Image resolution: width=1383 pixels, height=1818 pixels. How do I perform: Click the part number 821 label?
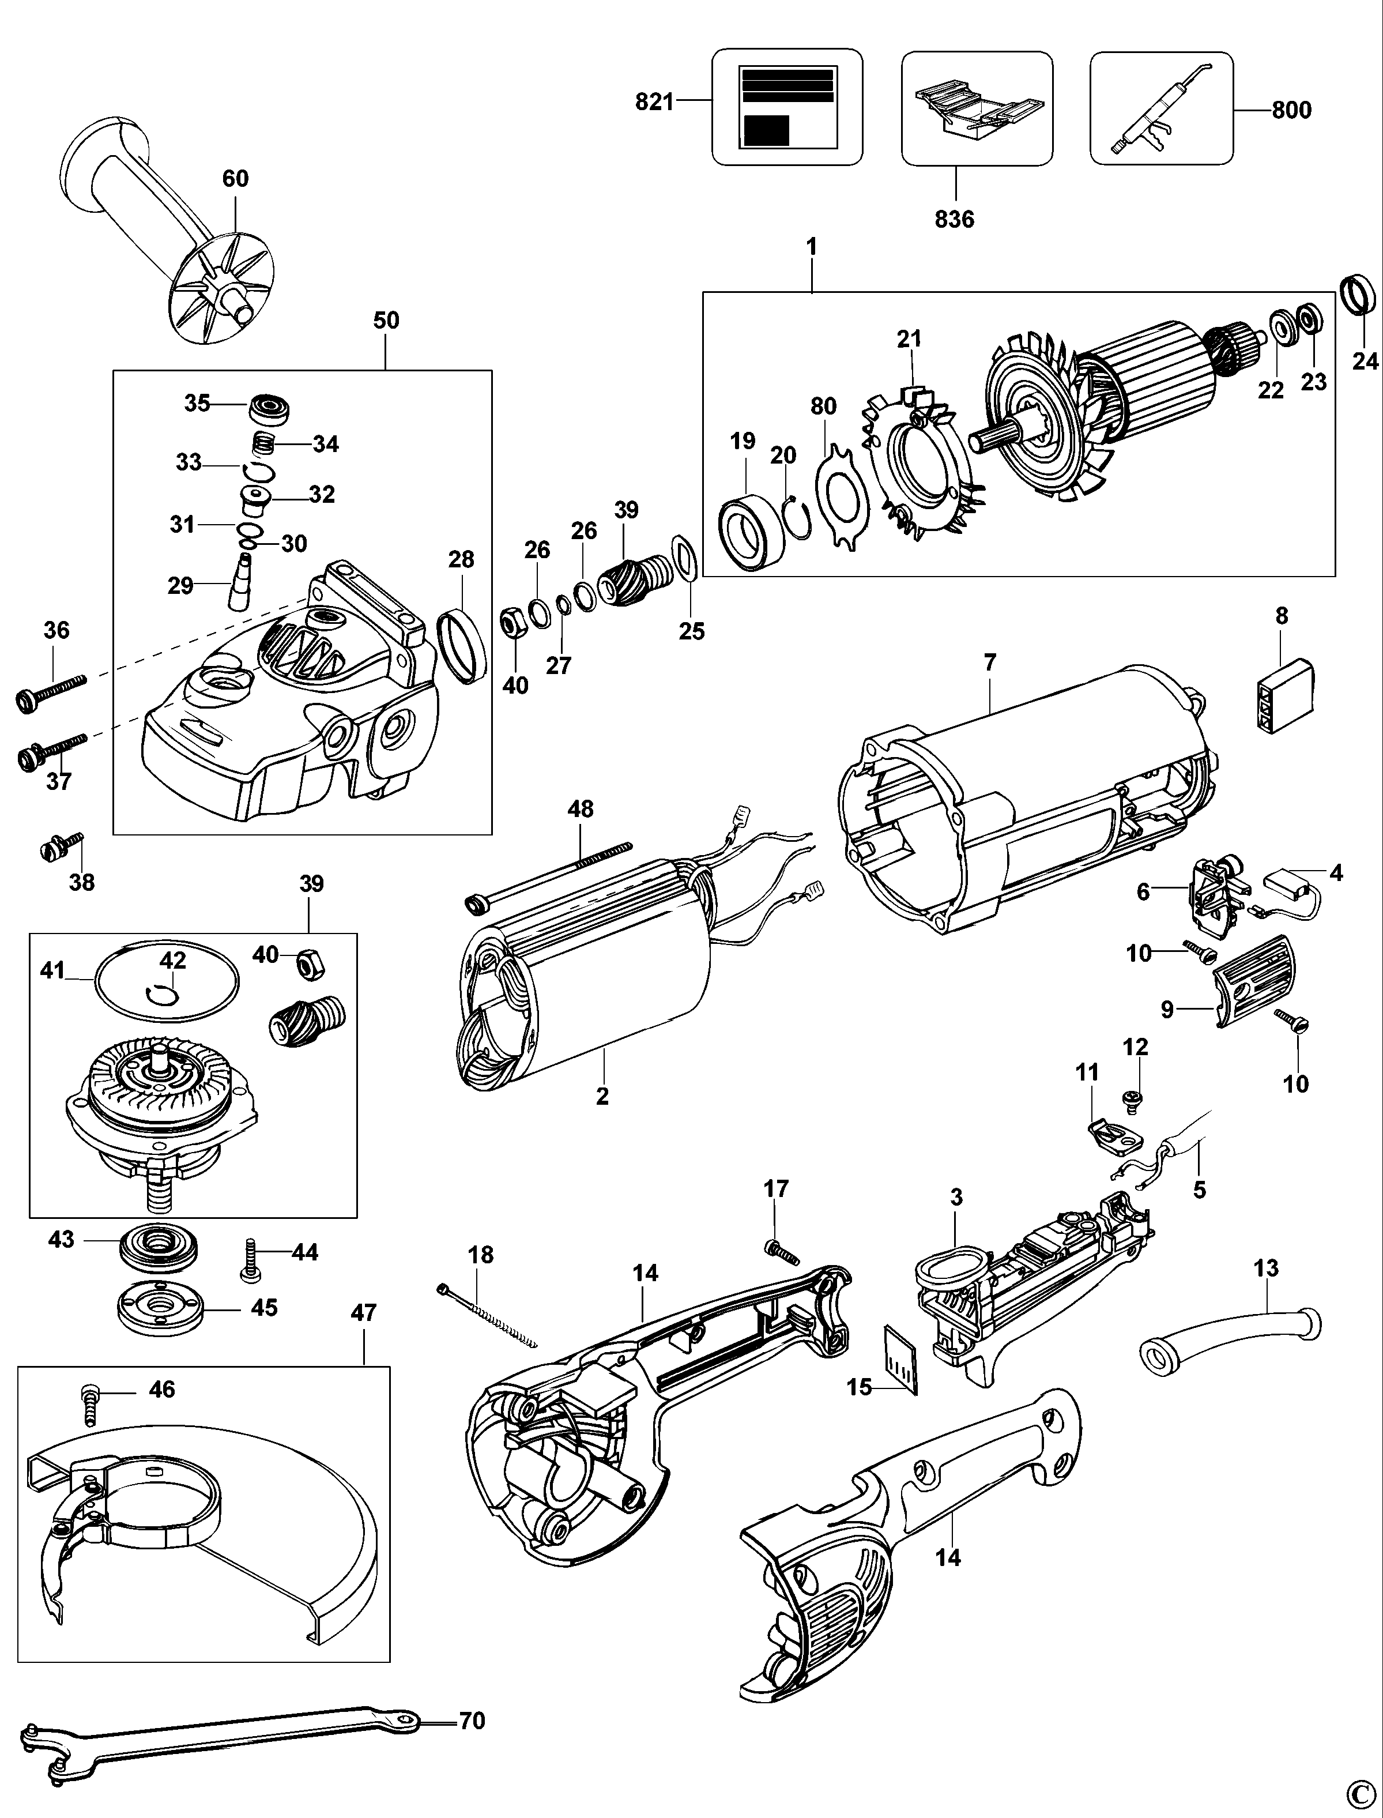(x=654, y=102)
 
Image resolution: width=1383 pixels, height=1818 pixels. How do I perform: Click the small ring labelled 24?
(x=1359, y=294)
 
